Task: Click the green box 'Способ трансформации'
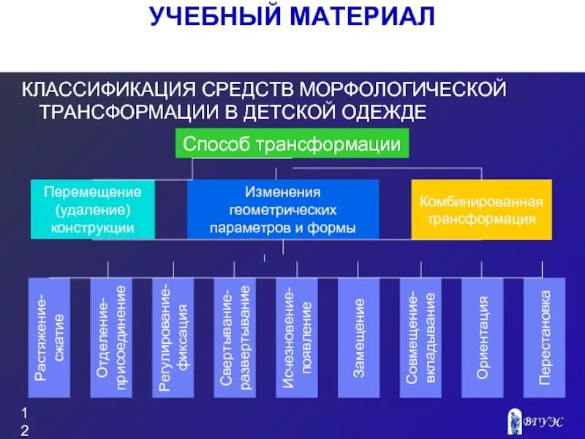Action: point(292,144)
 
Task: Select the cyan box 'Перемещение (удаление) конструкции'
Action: point(93,210)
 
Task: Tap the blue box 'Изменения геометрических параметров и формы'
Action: point(283,210)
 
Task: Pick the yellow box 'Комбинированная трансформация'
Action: point(481,210)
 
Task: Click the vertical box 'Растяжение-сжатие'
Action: point(49,337)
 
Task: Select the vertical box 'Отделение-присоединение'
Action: point(111,337)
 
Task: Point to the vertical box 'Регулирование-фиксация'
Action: point(173,337)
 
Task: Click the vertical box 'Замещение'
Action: point(359,337)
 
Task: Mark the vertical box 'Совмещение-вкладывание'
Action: point(421,337)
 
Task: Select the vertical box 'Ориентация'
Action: point(483,337)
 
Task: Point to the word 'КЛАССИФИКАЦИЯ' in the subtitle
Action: point(107,90)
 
